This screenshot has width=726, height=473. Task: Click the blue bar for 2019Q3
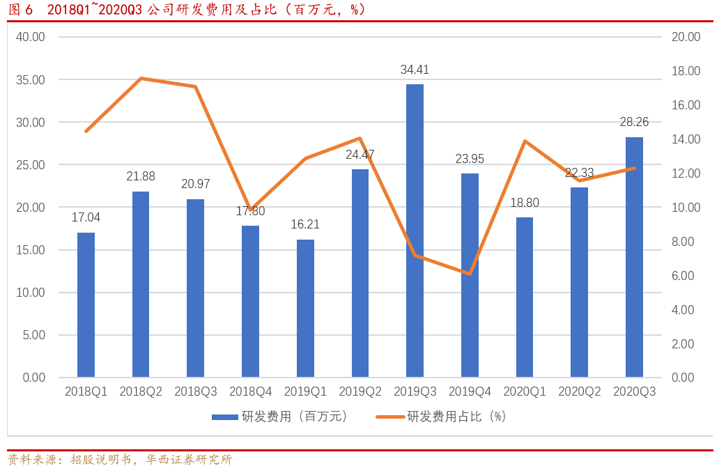pos(415,231)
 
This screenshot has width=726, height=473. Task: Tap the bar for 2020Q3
pos(634,257)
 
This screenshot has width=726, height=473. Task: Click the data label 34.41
pos(415,70)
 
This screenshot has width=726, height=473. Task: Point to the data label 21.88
pos(141,177)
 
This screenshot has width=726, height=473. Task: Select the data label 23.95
pos(470,159)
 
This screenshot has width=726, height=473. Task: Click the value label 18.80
pos(525,203)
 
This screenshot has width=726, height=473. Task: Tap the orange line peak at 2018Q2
pos(141,78)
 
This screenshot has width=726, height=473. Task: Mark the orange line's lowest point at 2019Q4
pos(470,274)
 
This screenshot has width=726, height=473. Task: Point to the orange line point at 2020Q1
pos(525,141)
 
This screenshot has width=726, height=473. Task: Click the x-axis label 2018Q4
pos(250,392)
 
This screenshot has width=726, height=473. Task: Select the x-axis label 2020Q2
pos(579,392)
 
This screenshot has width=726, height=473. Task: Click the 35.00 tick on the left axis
pos(30,80)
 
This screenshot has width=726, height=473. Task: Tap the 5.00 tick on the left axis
pos(33,335)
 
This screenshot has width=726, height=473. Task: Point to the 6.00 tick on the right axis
pos(683,276)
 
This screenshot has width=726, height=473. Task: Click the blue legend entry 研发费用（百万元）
pos(279,417)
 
